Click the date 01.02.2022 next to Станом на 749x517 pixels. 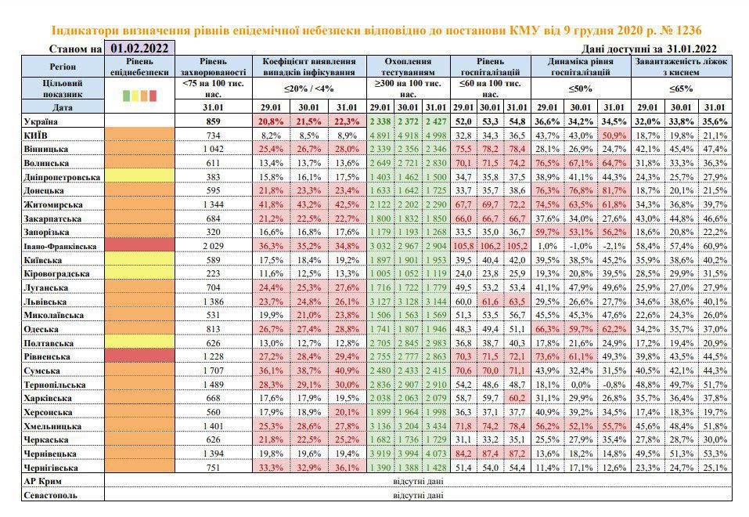tap(139, 49)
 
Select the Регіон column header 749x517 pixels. tap(63, 67)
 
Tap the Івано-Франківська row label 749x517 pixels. tap(60, 246)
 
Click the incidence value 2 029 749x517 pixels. tap(213, 246)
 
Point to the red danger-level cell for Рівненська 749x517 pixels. tap(139, 356)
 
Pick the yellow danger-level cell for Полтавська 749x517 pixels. tap(139, 342)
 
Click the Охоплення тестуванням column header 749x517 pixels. tap(408, 67)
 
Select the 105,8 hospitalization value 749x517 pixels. tap(463, 246)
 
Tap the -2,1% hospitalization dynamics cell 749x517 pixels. tap(614, 246)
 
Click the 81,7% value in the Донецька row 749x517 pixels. tap(614, 191)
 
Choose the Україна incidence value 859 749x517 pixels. tap(213, 121)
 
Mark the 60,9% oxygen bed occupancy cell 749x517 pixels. tap(715, 246)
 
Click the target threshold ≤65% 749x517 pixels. tap(681, 89)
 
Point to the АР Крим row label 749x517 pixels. tap(42, 481)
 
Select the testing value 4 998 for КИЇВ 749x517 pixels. tap(436, 136)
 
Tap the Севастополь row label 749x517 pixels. tap(50, 495)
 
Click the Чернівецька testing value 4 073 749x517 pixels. tap(436, 454)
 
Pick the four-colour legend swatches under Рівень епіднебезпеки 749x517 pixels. tap(139, 95)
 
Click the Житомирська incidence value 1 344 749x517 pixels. tap(213, 204)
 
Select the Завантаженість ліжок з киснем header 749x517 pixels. tap(681, 67)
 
